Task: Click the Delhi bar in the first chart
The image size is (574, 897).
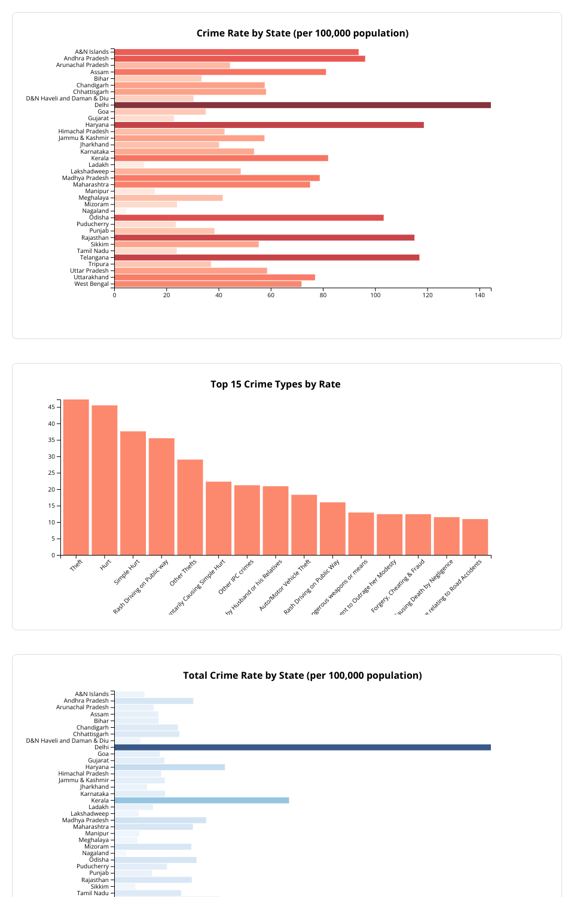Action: click(302, 105)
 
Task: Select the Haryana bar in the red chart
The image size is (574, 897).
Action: click(269, 125)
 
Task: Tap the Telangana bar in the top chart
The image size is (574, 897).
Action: click(267, 258)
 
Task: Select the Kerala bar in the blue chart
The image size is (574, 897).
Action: click(201, 800)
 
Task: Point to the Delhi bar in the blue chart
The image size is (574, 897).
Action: click(302, 747)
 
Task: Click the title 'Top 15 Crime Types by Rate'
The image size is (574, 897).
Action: click(275, 385)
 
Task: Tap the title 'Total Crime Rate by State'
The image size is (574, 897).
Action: click(302, 676)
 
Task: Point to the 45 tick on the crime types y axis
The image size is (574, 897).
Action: click(51, 407)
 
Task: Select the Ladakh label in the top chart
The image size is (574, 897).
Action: click(99, 165)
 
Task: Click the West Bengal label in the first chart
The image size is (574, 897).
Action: click(91, 284)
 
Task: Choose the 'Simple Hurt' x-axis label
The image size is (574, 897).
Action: click(127, 572)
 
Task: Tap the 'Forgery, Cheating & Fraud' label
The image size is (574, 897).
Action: click(398, 585)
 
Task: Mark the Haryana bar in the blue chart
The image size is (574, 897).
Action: click(170, 767)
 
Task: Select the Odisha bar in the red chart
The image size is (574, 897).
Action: click(249, 218)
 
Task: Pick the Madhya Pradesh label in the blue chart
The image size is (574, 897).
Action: click(86, 820)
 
